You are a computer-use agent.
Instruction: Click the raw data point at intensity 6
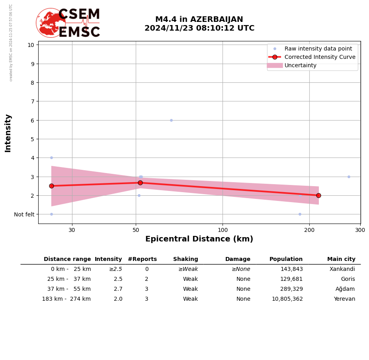(171, 120)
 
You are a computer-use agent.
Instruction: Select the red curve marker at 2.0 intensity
(318, 195)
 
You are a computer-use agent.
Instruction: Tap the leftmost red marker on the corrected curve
(51, 186)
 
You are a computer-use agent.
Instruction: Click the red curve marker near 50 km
(140, 183)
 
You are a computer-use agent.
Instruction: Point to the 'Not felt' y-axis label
(24, 214)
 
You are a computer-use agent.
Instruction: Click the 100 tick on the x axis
(223, 230)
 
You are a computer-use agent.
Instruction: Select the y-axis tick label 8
(31, 83)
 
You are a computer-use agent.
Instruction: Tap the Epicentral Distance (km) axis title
(199, 239)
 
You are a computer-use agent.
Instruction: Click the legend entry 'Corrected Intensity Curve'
(320, 57)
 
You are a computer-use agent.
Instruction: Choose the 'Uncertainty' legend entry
(301, 65)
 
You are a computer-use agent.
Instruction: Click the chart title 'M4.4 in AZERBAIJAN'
(199, 19)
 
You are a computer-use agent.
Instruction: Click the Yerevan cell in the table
(344, 299)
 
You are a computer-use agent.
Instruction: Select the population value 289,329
(291, 289)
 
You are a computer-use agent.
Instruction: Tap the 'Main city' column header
(341, 259)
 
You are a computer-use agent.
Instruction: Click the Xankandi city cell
(342, 269)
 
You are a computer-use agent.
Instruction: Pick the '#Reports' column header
(142, 259)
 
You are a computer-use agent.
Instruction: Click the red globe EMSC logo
(51, 23)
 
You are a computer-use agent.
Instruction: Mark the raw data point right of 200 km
(349, 177)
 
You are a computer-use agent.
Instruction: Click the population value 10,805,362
(287, 299)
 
